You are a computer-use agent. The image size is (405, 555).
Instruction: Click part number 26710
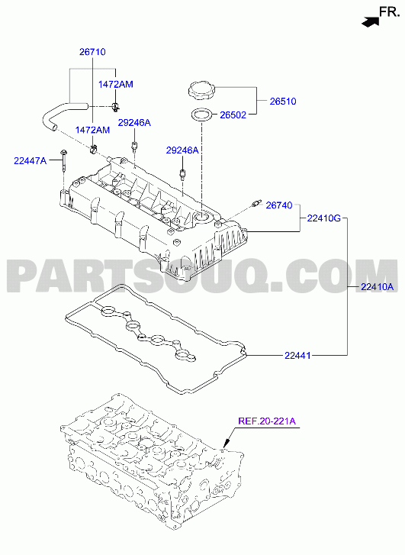tap(92, 52)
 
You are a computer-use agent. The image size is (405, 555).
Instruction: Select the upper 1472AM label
tap(116, 84)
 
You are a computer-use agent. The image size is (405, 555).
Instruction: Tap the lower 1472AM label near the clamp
tap(93, 130)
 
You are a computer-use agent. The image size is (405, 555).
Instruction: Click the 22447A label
tap(30, 160)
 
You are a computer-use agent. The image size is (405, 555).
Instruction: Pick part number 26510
tap(283, 102)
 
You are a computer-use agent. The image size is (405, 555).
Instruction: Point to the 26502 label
tap(233, 115)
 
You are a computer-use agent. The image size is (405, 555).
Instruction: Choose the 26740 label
tap(279, 205)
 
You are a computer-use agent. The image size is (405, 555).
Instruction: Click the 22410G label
tap(323, 218)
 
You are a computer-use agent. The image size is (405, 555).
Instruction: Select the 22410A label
tap(377, 287)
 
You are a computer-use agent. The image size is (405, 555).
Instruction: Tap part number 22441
tap(297, 355)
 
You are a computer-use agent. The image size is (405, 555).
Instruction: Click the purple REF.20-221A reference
tap(267, 421)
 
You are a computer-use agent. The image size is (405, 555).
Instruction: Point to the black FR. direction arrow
tap(371, 21)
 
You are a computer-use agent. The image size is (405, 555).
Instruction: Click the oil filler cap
tap(201, 89)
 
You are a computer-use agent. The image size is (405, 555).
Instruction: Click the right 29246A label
tap(182, 150)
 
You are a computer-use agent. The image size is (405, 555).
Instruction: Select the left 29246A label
tap(134, 123)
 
